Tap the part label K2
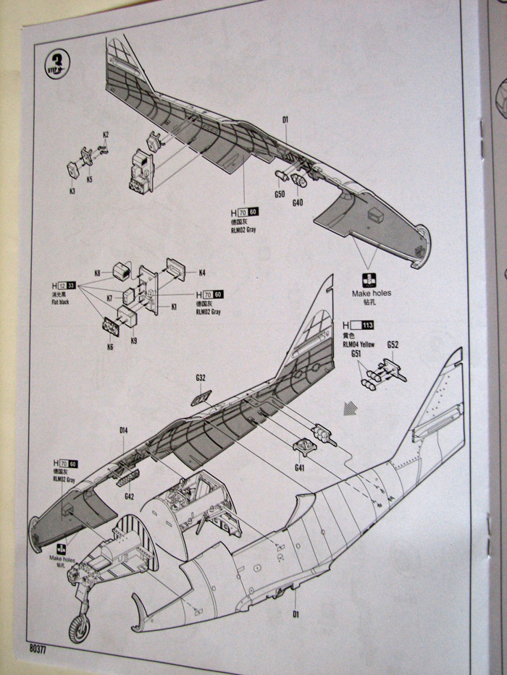click(x=106, y=135)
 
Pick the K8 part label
click(x=97, y=273)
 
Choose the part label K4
click(x=203, y=273)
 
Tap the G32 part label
click(x=201, y=378)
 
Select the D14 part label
click(x=124, y=431)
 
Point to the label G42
click(x=130, y=496)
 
